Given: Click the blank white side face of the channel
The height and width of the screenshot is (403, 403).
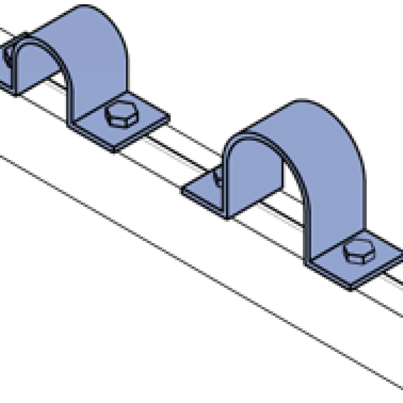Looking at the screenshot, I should point(129,279).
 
